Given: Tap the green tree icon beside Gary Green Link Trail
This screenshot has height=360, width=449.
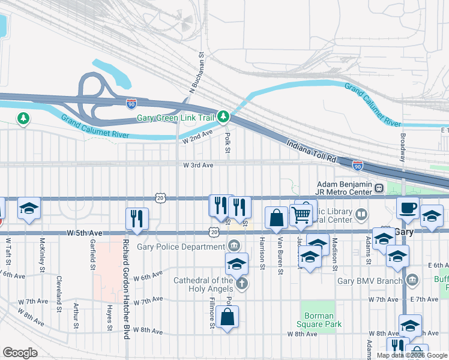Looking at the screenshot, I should click(223, 115).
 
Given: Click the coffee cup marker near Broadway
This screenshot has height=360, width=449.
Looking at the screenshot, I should click(408, 209).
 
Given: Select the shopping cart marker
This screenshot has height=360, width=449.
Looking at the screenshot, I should click(302, 214).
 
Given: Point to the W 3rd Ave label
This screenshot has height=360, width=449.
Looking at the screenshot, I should click(198, 165).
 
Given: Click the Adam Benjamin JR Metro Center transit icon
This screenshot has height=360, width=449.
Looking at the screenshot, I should click(379, 188).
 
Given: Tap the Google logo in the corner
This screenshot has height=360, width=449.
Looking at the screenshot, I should click(20, 353).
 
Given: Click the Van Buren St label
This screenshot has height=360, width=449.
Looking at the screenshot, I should click(280, 255).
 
